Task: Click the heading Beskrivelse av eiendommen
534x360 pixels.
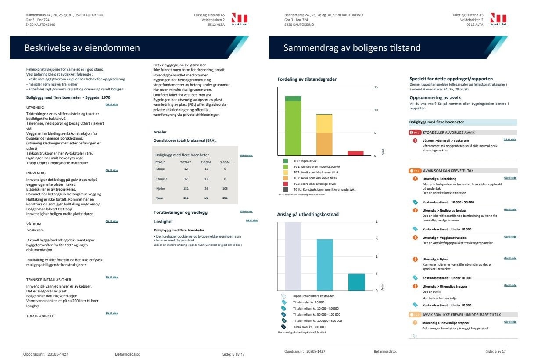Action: coord(82,48)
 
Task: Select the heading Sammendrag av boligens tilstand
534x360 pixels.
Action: coord(352,48)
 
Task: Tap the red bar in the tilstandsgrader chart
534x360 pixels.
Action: coord(355,153)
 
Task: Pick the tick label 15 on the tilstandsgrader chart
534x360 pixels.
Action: coord(376,87)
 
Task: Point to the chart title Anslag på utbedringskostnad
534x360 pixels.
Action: coord(308,215)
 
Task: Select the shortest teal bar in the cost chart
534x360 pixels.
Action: coord(356,282)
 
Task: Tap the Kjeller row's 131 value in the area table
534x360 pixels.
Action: coord(186,189)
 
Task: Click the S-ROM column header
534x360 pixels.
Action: coord(225,162)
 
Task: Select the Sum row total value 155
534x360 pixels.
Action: coord(186,198)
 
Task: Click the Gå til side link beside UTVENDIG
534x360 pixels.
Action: coord(112,105)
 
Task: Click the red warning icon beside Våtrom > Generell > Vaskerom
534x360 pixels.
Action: coord(415,140)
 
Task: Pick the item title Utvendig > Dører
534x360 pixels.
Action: coord(435,259)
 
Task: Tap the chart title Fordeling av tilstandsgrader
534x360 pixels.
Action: coord(307,79)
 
